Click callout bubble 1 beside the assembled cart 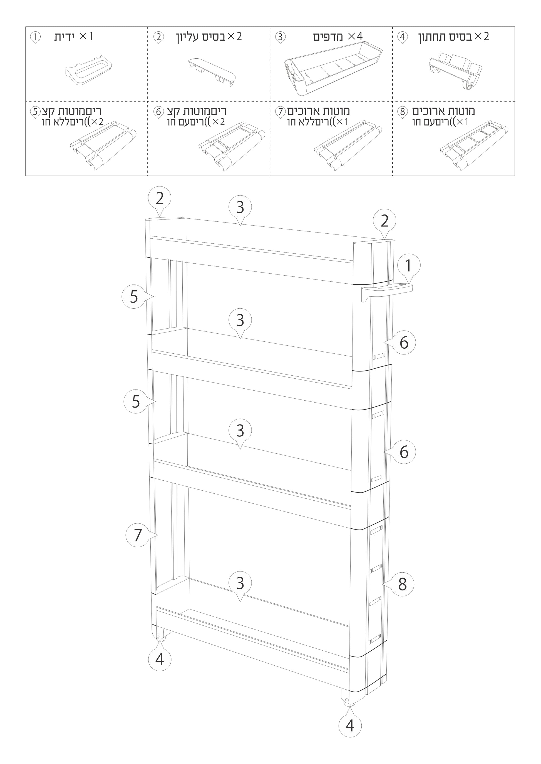pos(408,266)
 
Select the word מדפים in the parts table pos(328,37)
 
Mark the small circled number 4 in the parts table pos(403,37)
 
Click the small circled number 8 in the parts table pos(403,112)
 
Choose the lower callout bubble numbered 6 pos(403,452)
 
